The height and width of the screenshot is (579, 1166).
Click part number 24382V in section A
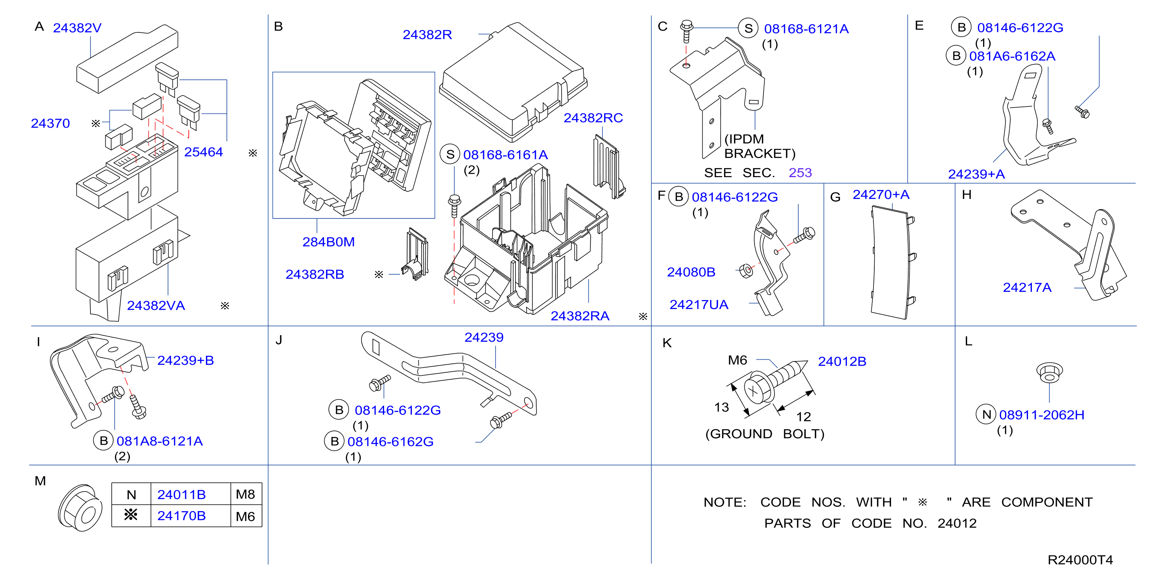point(77,28)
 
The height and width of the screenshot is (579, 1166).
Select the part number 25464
point(203,152)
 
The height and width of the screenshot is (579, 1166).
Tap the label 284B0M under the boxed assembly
point(328,242)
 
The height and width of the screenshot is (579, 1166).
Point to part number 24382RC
point(593,118)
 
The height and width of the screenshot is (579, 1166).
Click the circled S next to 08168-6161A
point(450,155)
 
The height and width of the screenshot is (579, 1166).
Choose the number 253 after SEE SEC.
point(800,173)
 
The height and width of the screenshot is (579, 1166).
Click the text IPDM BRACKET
point(760,146)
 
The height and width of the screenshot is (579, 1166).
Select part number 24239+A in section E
point(976,174)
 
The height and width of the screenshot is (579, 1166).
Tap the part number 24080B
point(691,272)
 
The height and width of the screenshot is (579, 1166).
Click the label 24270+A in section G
point(881,195)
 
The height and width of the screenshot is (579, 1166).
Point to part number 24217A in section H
point(1027,288)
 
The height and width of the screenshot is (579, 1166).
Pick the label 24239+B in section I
point(185,361)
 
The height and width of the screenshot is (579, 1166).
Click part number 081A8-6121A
point(159,441)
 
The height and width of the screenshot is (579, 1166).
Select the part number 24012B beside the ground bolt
point(842,362)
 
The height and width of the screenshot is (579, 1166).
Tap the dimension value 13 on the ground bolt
point(721,407)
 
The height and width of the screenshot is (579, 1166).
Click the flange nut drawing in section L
point(1049,373)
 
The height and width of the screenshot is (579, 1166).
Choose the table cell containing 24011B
point(190,494)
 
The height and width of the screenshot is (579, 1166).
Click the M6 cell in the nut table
point(246,516)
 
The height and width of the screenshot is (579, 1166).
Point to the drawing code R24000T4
point(1080,560)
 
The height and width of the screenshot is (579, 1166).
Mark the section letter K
point(667,343)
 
